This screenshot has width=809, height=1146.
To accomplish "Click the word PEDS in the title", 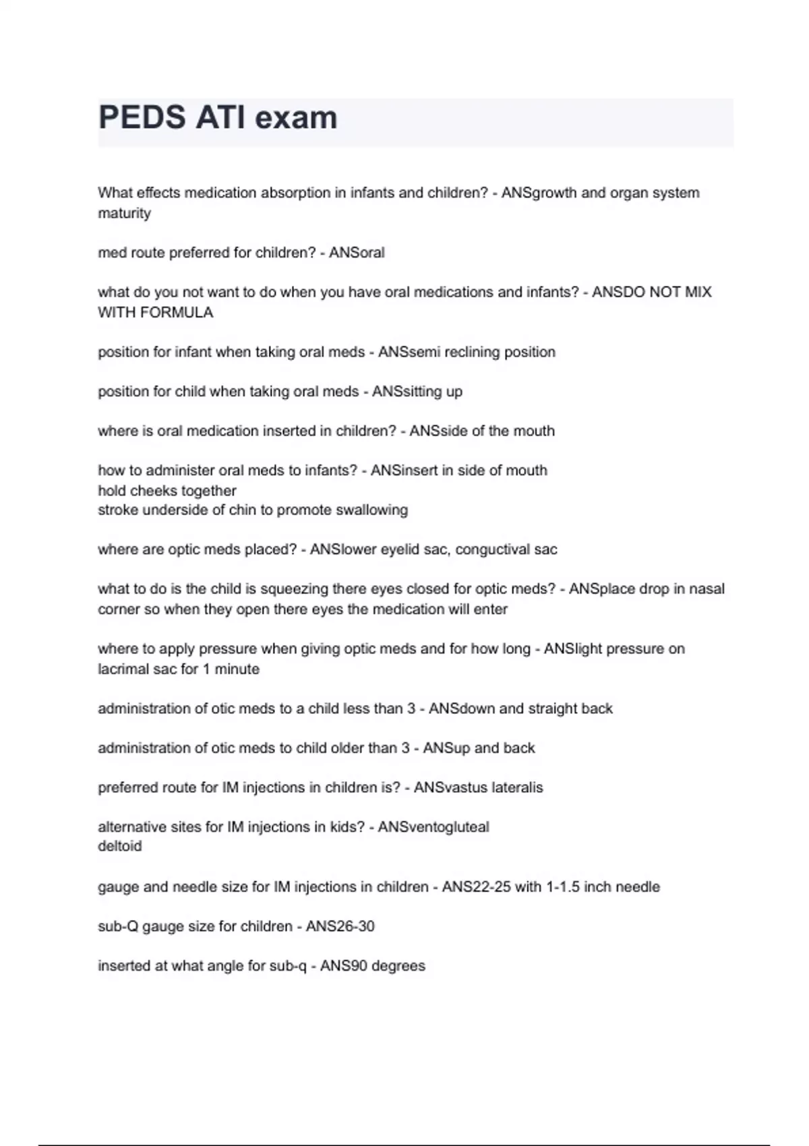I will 142,118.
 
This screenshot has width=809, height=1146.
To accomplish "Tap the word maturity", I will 124,214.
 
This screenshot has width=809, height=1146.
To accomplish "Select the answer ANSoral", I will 357,253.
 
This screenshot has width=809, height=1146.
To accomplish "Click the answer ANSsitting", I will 407,392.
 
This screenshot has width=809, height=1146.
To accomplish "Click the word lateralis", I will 512,787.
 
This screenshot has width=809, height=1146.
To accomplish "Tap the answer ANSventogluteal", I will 433,827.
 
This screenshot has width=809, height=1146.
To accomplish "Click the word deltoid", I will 120,847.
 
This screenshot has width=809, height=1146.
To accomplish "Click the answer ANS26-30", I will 340,927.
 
